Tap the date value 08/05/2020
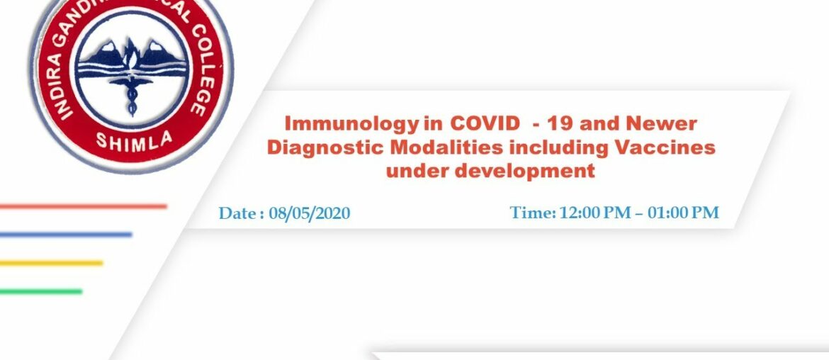[x=310, y=213]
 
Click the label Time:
[x=533, y=212]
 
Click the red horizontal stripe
[x=83, y=207]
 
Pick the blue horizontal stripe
[x=65, y=235]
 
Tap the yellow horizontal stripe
[x=51, y=263]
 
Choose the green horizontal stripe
[x=40, y=291]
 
